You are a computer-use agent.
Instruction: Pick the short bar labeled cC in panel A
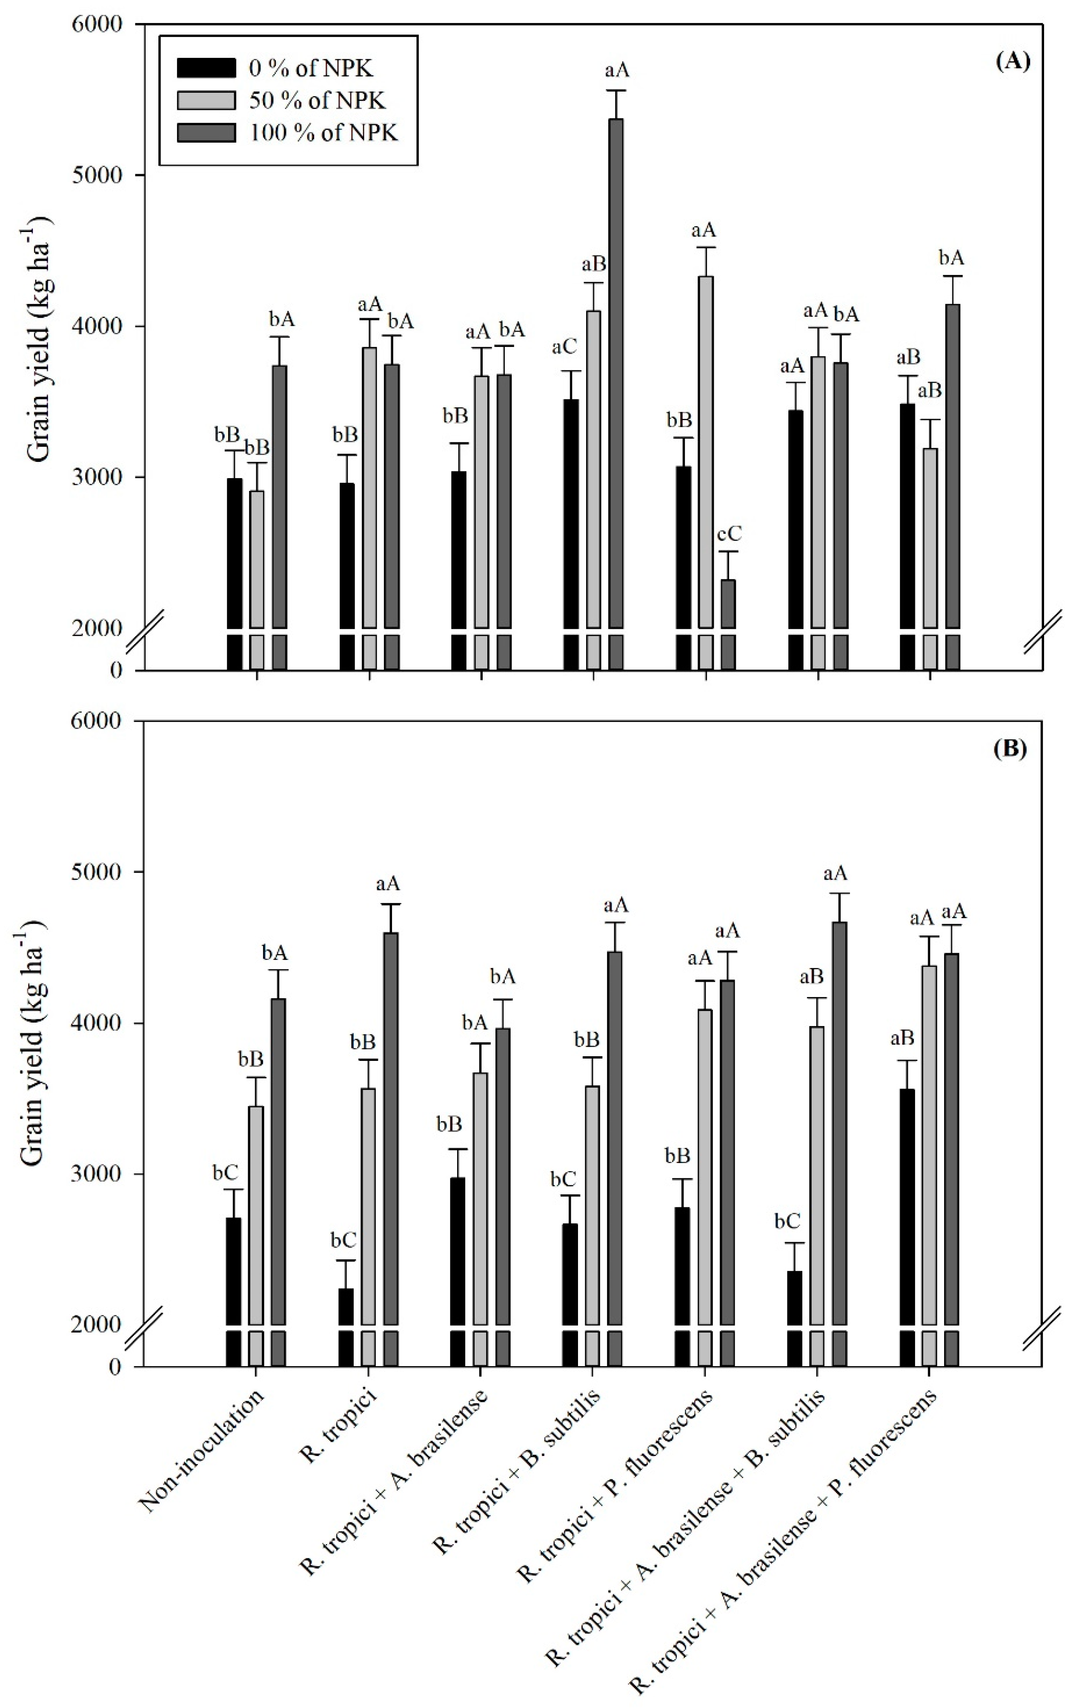coord(728,603)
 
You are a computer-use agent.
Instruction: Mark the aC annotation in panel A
coord(565,347)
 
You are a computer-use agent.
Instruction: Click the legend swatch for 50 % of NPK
coord(206,100)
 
